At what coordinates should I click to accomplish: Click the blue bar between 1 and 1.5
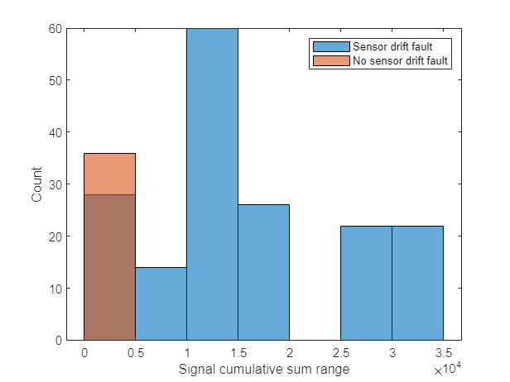click(x=212, y=184)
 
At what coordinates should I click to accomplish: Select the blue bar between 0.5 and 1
click(x=161, y=303)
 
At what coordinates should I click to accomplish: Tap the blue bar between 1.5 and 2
click(x=263, y=272)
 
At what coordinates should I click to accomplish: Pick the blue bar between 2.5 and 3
click(x=366, y=283)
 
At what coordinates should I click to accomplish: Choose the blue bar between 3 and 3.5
click(x=417, y=283)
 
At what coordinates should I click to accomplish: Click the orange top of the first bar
click(x=109, y=174)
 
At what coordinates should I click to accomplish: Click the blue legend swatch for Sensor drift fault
click(x=330, y=46)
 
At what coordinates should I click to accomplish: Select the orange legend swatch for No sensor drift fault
click(x=330, y=60)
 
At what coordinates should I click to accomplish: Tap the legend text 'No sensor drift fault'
click(x=401, y=60)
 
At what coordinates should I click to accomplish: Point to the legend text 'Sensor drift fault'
click(x=393, y=46)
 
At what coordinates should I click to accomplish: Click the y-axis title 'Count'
click(x=37, y=184)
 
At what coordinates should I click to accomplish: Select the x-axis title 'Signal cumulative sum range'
click(x=263, y=370)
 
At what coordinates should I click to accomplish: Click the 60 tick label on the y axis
click(x=54, y=28)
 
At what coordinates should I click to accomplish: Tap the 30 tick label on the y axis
click(x=54, y=184)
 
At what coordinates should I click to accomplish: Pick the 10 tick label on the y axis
click(x=54, y=289)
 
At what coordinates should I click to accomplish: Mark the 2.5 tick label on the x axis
click(x=340, y=353)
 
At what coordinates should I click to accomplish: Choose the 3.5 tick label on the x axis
click(x=443, y=353)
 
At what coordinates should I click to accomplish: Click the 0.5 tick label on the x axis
click(x=135, y=353)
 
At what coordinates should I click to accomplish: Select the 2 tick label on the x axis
click(x=289, y=353)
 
